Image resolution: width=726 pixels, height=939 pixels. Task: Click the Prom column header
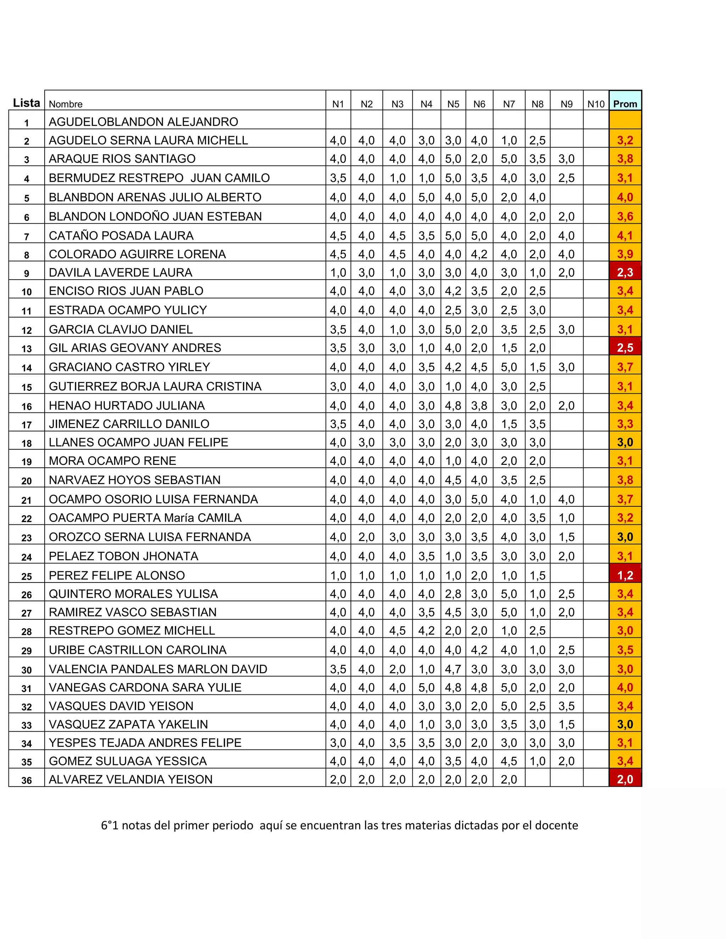[x=625, y=103]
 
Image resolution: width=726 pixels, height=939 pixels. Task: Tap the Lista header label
[x=26, y=103]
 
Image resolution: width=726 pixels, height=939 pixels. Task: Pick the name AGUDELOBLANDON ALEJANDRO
[x=143, y=122]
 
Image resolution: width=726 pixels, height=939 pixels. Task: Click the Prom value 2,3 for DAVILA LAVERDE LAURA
[x=625, y=272]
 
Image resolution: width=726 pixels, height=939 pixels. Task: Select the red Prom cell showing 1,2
[x=625, y=575]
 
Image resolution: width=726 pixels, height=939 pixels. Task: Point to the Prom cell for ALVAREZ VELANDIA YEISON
[x=625, y=780]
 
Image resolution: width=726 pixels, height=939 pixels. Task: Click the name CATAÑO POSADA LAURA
[x=121, y=236]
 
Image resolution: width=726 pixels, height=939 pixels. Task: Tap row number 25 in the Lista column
[x=27, y=576]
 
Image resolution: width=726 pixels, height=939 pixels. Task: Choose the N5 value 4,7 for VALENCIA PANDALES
[x=453, y=669]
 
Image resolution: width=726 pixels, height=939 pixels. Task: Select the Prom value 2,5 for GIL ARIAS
[x=625, y=347]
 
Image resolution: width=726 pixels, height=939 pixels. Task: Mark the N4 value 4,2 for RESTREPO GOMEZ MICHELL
[x=426, y=631]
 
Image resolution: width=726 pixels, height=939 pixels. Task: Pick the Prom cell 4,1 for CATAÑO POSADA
[x=625, y=236]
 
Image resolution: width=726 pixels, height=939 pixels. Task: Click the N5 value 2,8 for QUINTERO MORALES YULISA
[x=453, y=594]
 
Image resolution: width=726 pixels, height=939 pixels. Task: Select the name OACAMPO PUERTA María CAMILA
[x=145, y=518]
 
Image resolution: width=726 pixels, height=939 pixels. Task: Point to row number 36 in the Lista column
[x=27, y=780]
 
